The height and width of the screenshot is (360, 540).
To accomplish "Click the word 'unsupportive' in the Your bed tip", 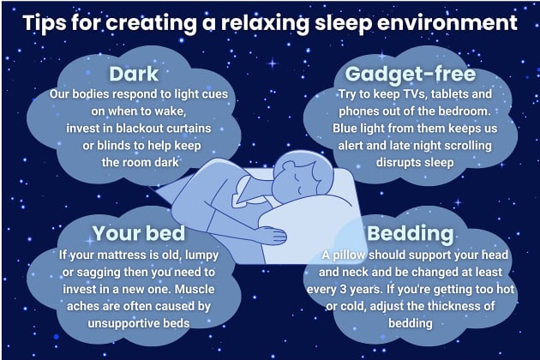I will click(111, 322).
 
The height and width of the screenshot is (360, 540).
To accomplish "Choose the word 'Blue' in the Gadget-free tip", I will click(347, 128).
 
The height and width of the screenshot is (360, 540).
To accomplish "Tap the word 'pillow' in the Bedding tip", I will click(358, 255).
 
